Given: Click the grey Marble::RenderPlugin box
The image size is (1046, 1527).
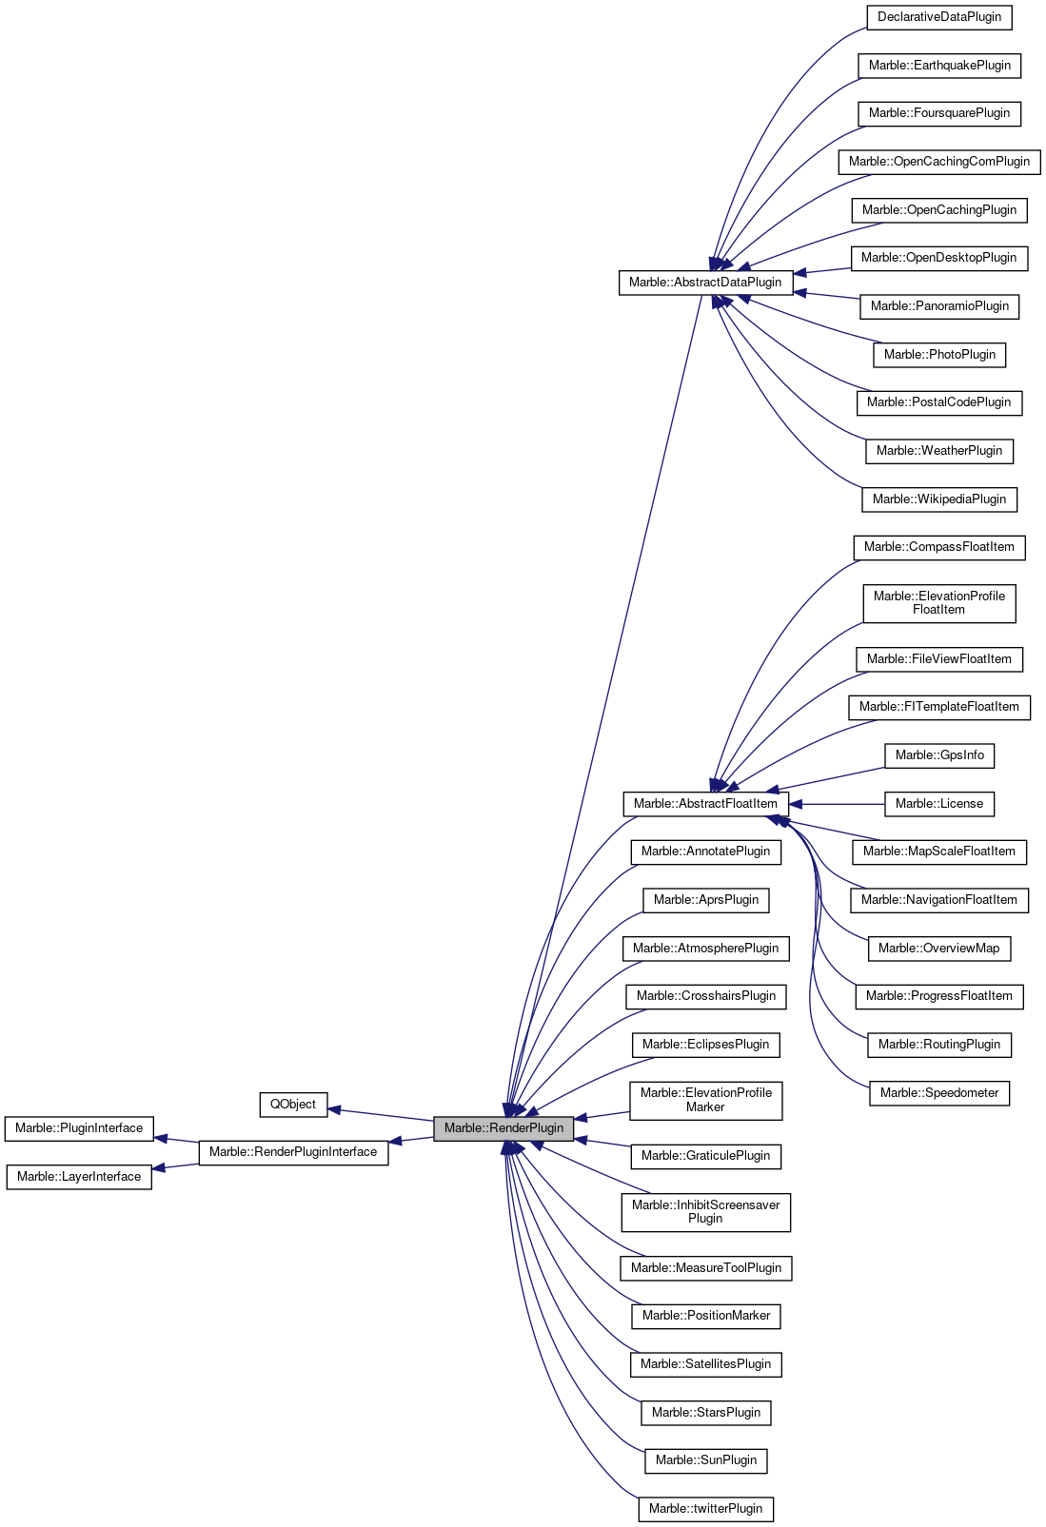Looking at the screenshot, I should (x=503, y=1128).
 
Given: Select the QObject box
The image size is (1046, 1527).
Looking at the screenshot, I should (x=292, y=1105).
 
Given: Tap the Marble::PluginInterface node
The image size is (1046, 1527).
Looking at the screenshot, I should (x=79, y=1128).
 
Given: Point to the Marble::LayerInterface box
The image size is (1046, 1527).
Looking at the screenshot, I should (x=79, y=1177).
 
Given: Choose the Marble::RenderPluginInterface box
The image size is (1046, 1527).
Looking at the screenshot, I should (x=293, y=1152).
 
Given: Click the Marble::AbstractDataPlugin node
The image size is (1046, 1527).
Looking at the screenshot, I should (x=705, y=283).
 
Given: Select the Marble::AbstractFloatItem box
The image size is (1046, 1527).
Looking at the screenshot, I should (x=705, y=804).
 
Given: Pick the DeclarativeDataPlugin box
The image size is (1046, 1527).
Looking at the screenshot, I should (x=938, y=17).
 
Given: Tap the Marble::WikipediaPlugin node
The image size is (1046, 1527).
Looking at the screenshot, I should (x=939, y=499).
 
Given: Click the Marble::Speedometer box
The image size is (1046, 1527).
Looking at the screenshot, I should (x=939, y=1093).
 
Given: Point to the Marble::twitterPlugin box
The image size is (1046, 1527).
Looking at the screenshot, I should (x=705, y=1509).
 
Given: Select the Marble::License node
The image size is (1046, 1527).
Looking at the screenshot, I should (x=939, y=804).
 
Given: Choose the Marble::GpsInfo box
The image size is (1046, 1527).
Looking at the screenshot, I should (x=939, y=755).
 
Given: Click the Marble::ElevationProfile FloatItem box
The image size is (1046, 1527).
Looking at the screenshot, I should (x=939, y=603).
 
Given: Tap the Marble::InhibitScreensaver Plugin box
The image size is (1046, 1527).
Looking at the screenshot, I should (x=705, y=1212).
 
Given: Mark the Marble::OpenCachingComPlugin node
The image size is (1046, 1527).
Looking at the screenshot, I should (x=939, y=162).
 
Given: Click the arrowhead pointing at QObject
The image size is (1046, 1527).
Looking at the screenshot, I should (x=335, y=1109).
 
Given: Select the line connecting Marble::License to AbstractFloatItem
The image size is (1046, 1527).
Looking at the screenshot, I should (x=842, y=804).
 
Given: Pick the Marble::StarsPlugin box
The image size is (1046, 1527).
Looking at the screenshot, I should (x=705, y=1413).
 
